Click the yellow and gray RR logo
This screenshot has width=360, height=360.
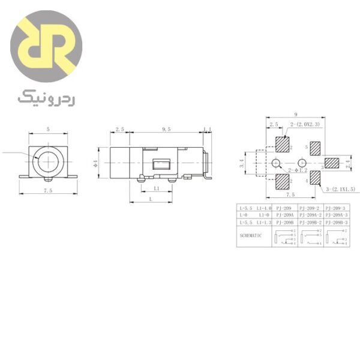[x=46, y=47]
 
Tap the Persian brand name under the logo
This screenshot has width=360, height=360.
[x=46, y=96]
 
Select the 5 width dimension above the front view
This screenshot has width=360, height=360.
[x=47, y=129]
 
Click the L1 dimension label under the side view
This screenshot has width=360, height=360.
[x=157, y=188]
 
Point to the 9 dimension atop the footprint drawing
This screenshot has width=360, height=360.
[x=296, y=115]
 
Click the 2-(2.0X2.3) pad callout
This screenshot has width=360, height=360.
[x=305, y=124]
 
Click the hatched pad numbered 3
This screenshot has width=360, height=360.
[x=331, y=163]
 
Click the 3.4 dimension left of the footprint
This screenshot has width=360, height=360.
[x=242, y=162]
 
